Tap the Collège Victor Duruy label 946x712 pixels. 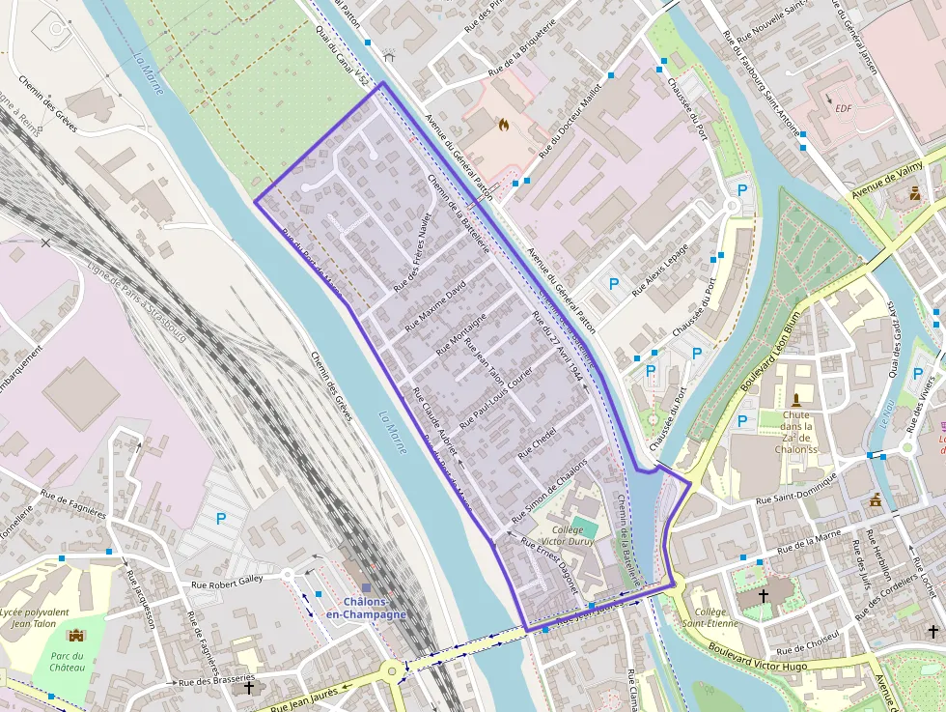coord(573,536)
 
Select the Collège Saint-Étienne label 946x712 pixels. coord(716,617)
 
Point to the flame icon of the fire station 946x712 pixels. coord(503,124)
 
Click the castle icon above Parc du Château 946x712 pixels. coord(75,635)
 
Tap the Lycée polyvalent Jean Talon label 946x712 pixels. coord(35,618)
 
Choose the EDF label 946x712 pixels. coord(844,109)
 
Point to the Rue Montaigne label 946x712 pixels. coord(461,334)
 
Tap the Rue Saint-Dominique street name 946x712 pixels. coord(799,499)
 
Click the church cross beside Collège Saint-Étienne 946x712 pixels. coord(764,596)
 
